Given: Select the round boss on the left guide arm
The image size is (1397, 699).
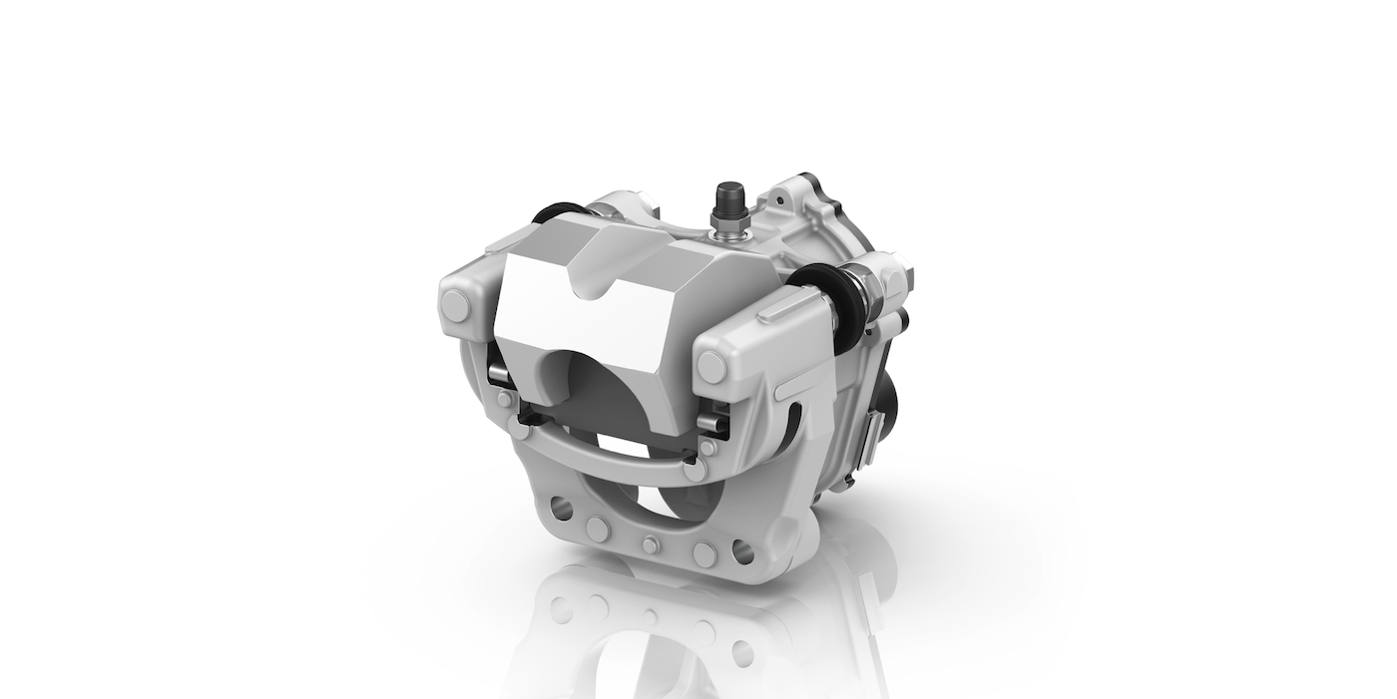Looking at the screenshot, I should [456, 307].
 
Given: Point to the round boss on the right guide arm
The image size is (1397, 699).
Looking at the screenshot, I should [711, 367].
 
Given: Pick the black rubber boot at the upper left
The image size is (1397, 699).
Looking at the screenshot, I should [555, 211].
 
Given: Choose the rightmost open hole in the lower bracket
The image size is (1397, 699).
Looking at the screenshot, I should [742, 551].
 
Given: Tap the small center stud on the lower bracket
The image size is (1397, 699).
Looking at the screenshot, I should [651, 545].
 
